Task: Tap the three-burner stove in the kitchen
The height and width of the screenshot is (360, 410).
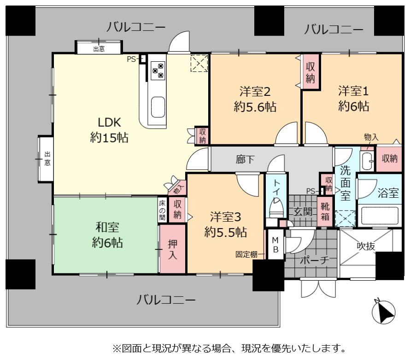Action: [158, 71]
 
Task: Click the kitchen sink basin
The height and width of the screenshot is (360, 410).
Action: [158, 107]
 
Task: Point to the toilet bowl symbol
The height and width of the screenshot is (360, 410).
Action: [276, 207]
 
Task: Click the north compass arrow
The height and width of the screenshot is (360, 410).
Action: [384, 312]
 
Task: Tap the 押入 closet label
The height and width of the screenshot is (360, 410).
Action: [172, 249]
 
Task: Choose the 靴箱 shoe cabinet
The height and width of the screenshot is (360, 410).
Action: [325, 212]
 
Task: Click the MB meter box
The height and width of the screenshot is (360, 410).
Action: [275, 245]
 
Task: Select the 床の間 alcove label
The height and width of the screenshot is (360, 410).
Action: [162, 210]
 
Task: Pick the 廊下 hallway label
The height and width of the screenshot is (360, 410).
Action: [245, 159]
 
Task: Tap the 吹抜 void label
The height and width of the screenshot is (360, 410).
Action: [366, 246]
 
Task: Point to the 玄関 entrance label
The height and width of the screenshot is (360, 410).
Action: [303, 212]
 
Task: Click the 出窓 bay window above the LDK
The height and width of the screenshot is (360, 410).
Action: [99, 47]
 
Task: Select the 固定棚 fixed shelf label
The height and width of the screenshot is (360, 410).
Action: [246, 254]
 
